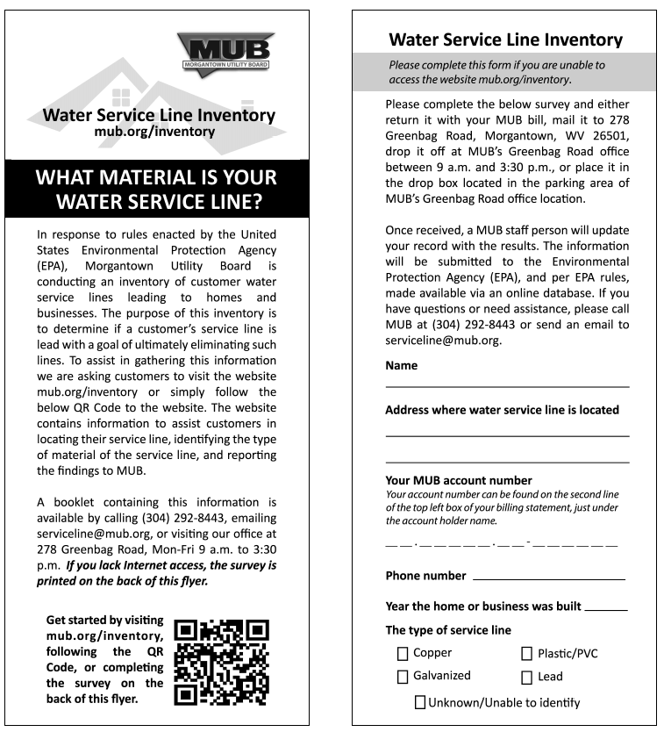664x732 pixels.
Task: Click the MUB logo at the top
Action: (x=225, y=52)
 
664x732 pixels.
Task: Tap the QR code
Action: (x=221, y=663)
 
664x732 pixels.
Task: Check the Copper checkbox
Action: (x=403, y=654)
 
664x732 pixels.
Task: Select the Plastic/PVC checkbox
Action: (x=527, y=654)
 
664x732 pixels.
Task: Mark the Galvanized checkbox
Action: (x=403, y=677)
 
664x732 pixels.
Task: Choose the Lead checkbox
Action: (x=527, y=678)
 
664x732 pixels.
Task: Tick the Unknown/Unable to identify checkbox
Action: (x=420, y=702)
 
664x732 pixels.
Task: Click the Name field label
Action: (x=402, y=366)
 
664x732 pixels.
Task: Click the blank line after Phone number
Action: (x=548, y=579)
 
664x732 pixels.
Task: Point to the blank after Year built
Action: (x=605, y=609)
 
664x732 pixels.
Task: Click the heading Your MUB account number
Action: (x=459, y=480)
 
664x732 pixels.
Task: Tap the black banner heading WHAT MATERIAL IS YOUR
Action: (x=156, y=178)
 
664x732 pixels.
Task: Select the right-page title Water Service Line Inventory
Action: (x=505, y=39)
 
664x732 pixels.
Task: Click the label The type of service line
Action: (x=448, y=630)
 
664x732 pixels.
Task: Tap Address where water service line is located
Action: (x=502, y=410)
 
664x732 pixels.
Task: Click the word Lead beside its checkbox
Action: (x=551, y=677)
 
